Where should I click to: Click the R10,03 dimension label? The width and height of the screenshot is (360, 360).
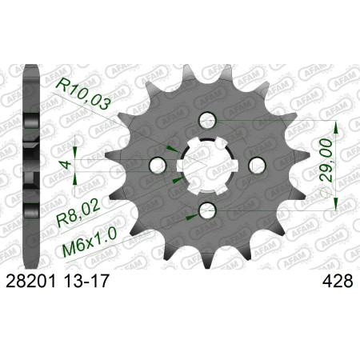click(83, 93)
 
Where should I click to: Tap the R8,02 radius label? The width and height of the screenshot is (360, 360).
click(78, 214)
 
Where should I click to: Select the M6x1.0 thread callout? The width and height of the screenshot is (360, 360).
click(90, 243)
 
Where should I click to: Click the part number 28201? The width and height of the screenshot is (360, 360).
click(31, 281)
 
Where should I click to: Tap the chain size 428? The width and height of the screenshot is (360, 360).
click(338, 281)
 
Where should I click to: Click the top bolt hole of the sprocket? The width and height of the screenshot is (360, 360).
click(207, 120)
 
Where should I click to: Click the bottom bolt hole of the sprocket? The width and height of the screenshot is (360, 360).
click(207, 210)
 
